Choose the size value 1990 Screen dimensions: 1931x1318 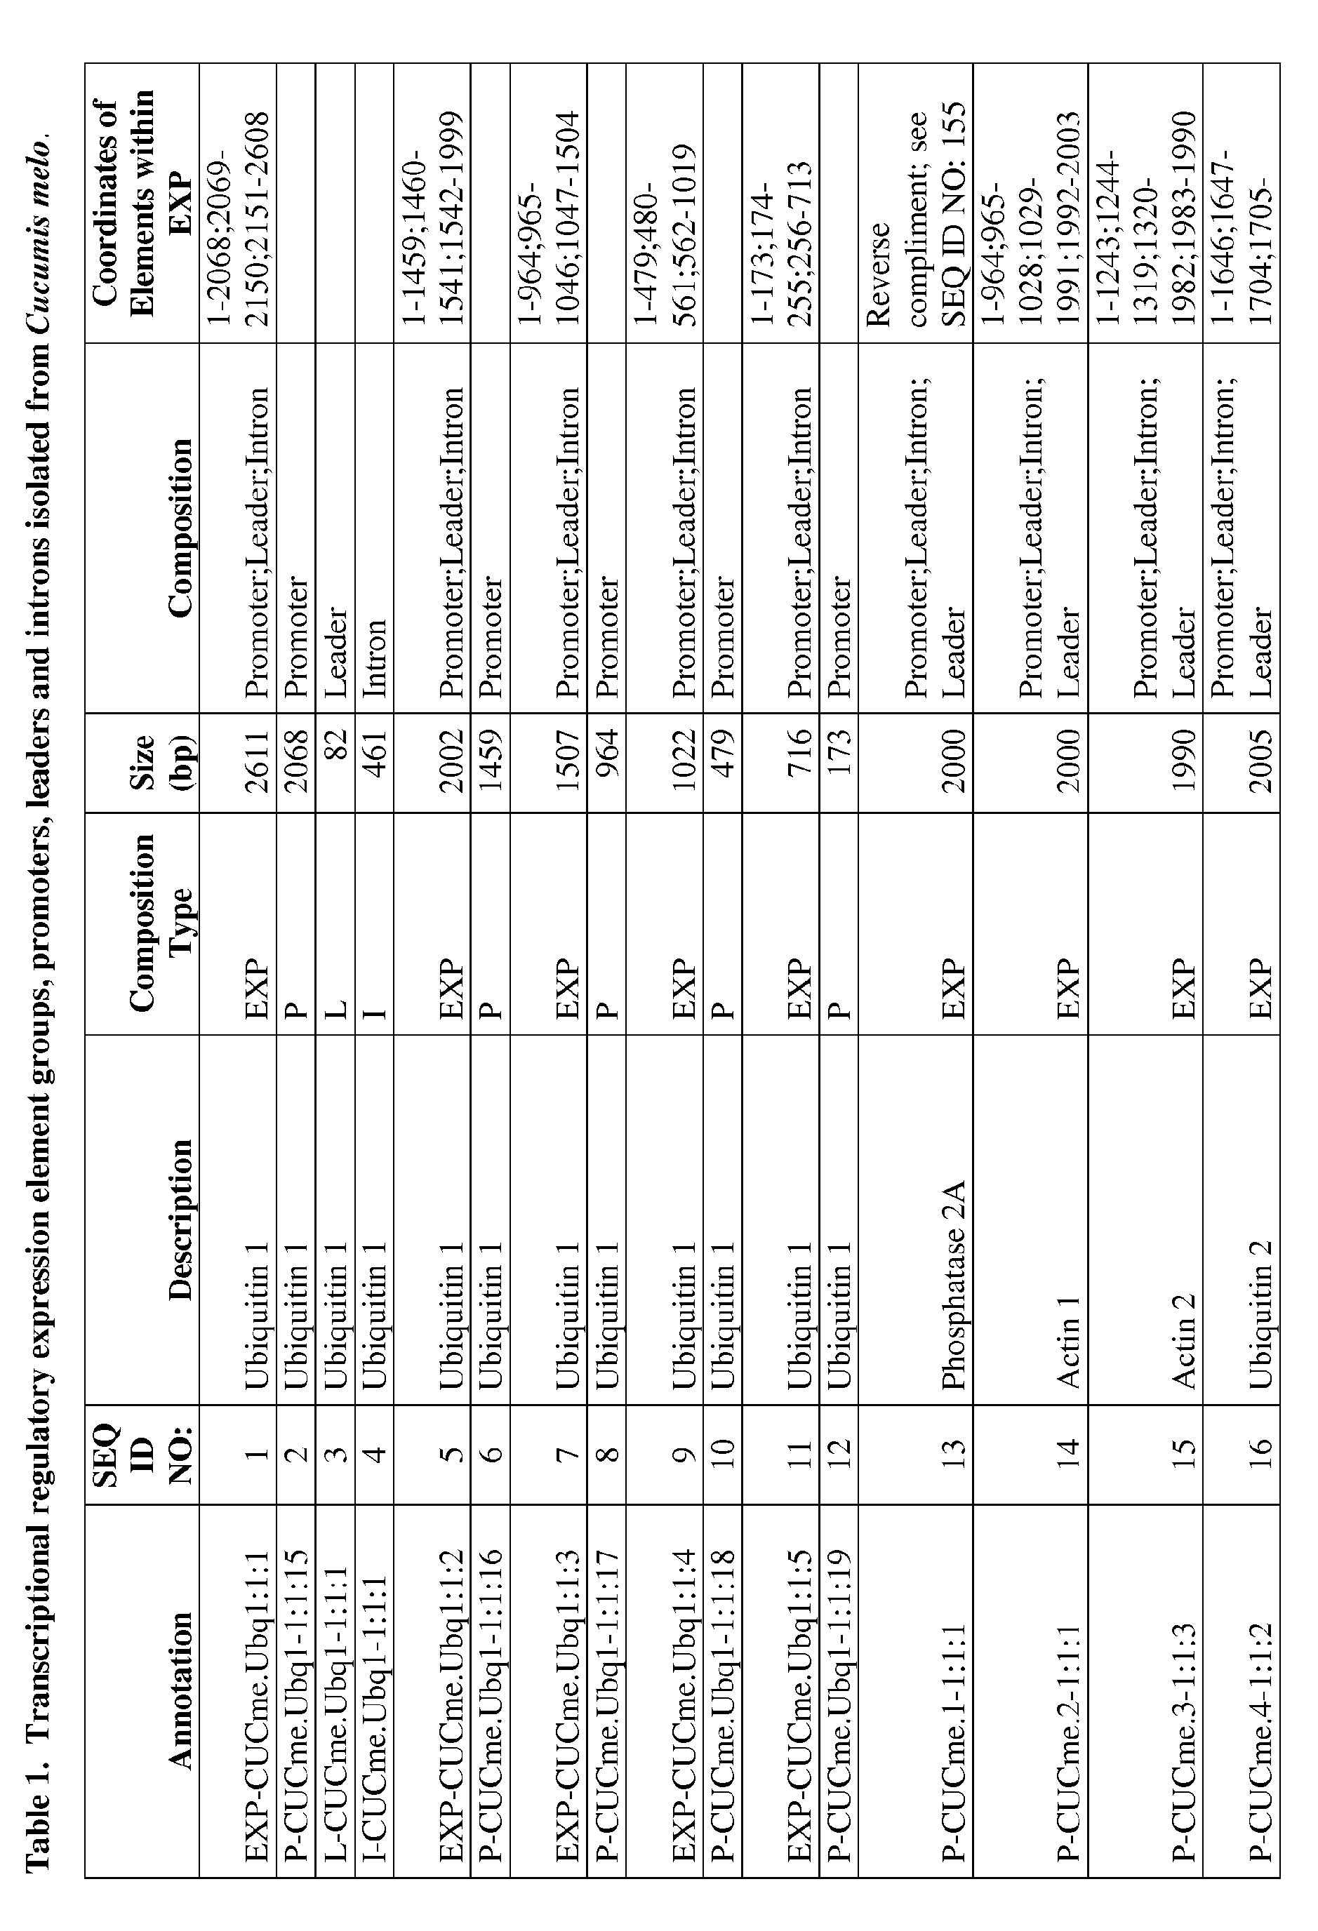click(x=1183, y=759)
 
